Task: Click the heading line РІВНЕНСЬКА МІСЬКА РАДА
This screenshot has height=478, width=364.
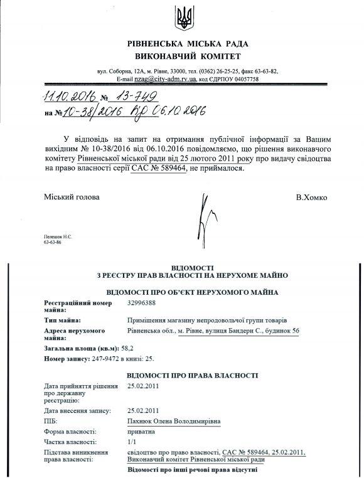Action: coord(185,44)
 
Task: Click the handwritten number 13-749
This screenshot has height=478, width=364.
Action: coord(134,96)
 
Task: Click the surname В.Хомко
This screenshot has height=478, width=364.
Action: coord(311,197)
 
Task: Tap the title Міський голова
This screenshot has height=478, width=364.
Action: coord(72,197)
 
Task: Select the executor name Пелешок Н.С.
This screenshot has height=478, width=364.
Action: coord(57,235)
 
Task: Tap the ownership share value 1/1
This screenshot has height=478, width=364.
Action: coord(132,442)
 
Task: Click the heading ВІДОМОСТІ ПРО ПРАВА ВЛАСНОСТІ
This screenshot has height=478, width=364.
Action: coord(192,374)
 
